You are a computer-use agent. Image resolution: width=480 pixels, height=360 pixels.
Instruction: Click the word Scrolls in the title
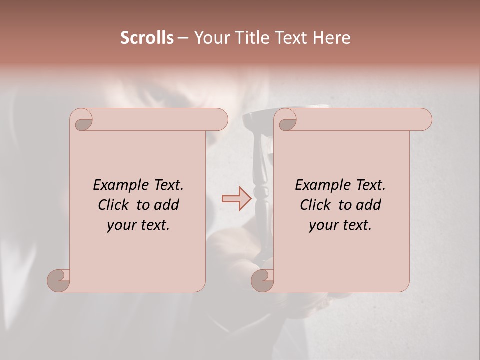[147, 38]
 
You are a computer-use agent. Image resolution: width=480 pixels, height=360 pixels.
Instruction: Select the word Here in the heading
[331, 38]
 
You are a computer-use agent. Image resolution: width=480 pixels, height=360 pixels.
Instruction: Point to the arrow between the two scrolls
[236, 199]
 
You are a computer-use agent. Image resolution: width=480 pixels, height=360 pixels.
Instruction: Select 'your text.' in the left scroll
[138, 225]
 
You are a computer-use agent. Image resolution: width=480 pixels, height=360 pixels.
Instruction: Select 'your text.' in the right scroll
[340, 225]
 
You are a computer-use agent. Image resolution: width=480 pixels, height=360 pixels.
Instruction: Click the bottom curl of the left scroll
[59, 280]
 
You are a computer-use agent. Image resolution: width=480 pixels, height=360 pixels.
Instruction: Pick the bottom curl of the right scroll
[263, 280]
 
